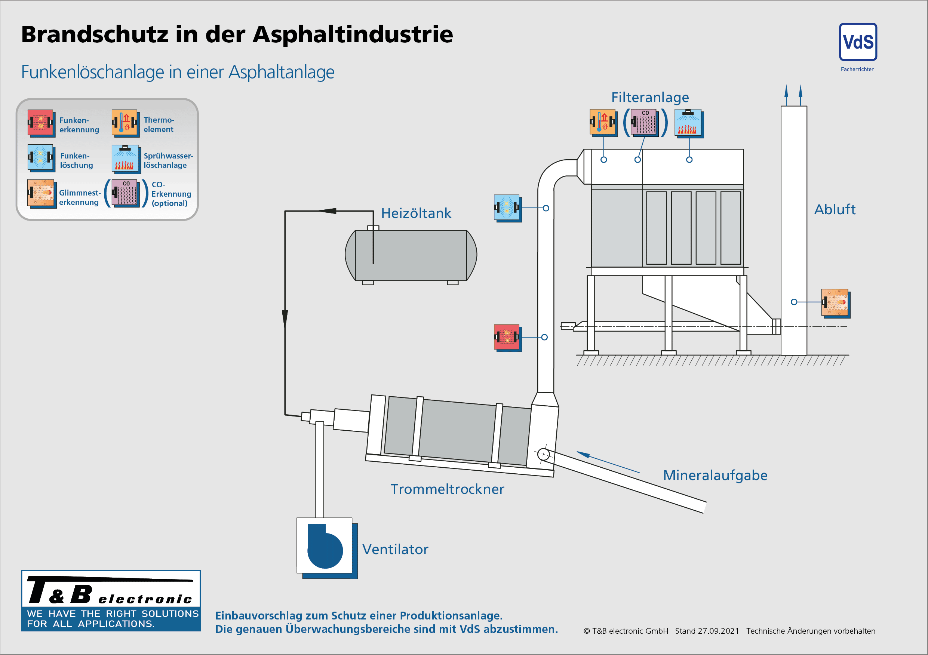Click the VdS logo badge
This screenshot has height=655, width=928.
858,42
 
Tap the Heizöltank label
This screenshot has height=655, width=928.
416,213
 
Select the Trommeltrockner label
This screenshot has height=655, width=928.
447,489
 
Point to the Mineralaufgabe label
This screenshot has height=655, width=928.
715,476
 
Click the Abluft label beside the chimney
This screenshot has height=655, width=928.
835,210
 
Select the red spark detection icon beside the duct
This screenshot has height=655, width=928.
507,336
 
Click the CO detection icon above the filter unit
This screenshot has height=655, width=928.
644,122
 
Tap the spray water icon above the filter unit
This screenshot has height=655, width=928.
688,122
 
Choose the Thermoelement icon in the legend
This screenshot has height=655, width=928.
125,122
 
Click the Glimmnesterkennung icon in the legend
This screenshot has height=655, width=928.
41,193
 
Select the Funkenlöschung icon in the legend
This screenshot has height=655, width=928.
40,157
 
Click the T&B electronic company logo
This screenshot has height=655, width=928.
111,600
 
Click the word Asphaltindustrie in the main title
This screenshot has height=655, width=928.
353,34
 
